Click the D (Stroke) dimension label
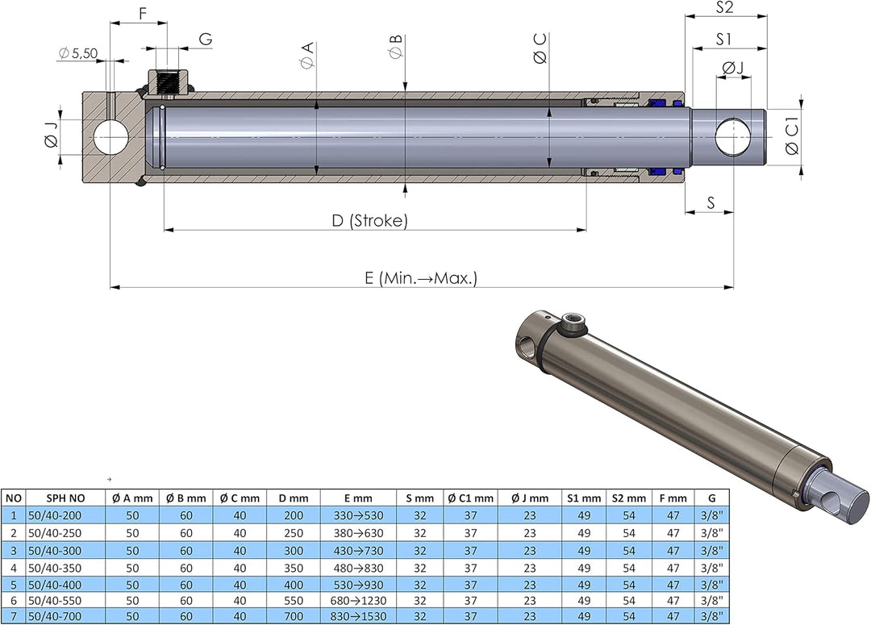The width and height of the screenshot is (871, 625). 369,221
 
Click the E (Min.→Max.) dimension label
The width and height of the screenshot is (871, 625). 421,278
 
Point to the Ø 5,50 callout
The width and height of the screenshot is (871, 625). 78,53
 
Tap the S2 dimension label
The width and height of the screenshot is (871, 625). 724,8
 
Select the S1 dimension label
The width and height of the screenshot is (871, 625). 723,39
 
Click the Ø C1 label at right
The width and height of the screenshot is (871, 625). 792,138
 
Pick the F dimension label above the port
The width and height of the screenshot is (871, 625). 143,14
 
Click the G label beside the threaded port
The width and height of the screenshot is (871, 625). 206,39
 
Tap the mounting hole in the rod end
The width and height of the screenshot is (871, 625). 733,137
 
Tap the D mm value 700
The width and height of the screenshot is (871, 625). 294,617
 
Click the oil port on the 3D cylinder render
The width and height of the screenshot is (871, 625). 573,327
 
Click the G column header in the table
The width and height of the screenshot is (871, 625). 711,498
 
